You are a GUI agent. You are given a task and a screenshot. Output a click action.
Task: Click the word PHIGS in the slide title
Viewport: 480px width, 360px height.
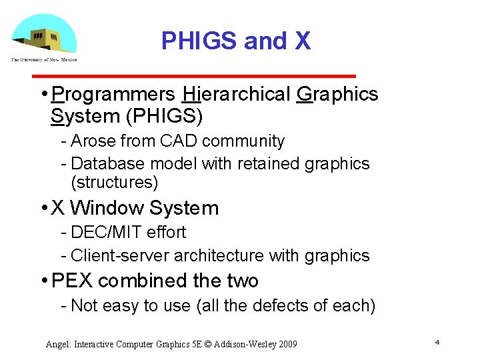pos(199,41)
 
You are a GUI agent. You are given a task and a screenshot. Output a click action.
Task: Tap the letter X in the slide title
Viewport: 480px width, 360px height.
pos(302,41)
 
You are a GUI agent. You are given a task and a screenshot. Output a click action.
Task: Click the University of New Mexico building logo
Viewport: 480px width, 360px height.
pos(43,37)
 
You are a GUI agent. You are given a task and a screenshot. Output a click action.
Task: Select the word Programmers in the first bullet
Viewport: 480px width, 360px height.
pos(113,95)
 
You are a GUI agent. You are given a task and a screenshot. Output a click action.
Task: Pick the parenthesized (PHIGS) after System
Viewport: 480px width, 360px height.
pos(164,116)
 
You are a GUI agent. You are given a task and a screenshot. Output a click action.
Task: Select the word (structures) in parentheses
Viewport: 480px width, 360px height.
pos(114,182)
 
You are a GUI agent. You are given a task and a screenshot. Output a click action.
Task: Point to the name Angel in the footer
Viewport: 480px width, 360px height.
pos(58,344)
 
